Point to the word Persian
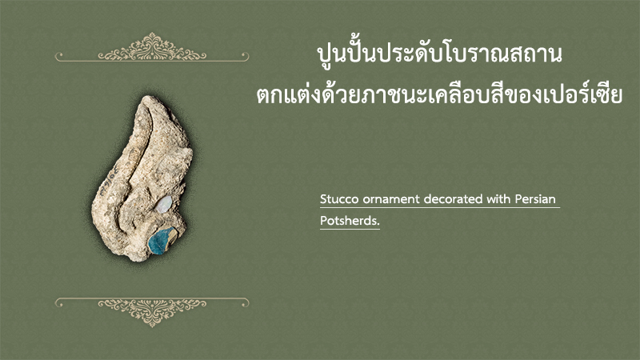coord(535,199)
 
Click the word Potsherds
coord(350,221)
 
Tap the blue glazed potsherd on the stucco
coord(162,241)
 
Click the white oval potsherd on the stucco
coord(164,204)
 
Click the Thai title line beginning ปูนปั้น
coord(439,54)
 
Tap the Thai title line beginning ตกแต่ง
coord(439,95)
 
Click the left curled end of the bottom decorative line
coord(58,302)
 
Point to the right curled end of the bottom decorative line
coord(246,302)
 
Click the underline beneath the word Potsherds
coord(350,229)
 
